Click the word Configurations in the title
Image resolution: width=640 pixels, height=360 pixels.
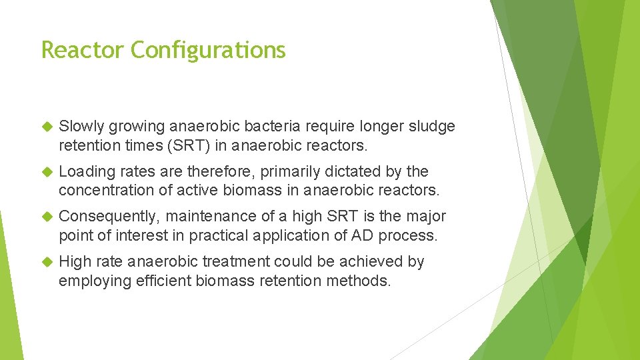[208, 50]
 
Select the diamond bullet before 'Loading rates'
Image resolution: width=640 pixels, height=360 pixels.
[47, 172]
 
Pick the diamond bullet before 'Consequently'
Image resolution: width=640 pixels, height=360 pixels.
[47, 217]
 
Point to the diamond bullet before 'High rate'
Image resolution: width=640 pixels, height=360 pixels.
[47, 262]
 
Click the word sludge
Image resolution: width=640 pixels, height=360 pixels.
[431, 127]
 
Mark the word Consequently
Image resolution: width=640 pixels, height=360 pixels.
[109, 217]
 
